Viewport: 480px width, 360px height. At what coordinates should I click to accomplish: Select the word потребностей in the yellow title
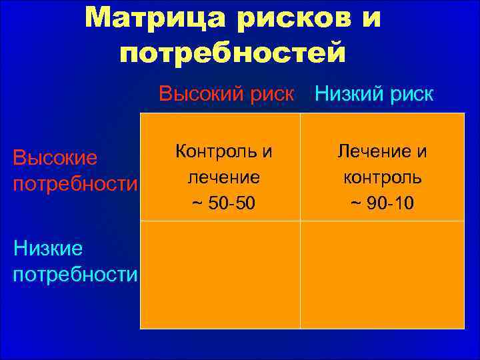pos(233,53)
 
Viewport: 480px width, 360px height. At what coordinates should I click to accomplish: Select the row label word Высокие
pos(55,158)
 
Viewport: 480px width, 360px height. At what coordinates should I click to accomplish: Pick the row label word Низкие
pos(48,249)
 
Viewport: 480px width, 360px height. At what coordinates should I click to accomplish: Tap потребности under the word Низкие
pos(75,274)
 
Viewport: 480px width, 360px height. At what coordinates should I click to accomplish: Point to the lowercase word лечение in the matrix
pos(223,177)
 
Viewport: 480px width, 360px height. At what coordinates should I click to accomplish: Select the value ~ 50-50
pos(223,203)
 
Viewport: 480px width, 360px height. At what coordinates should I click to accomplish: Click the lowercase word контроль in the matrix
pos(382,177)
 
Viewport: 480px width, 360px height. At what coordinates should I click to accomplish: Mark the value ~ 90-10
pos(382,203)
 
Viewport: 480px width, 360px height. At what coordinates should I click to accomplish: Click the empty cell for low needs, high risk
pos(220,275)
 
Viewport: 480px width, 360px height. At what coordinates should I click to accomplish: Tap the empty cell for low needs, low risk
pos(382,275)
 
